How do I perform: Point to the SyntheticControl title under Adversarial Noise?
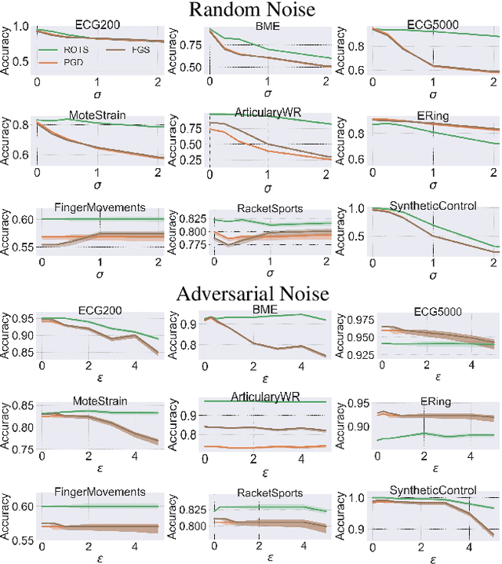tap(432, 490)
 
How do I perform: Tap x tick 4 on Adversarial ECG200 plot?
tap(134, 365)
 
